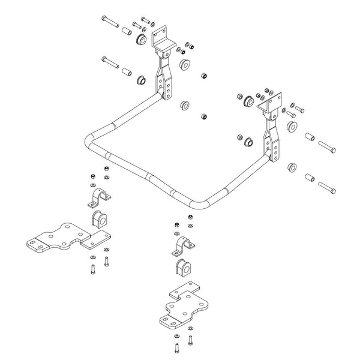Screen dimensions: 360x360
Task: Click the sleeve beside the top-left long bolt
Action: (x=127, y=31)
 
